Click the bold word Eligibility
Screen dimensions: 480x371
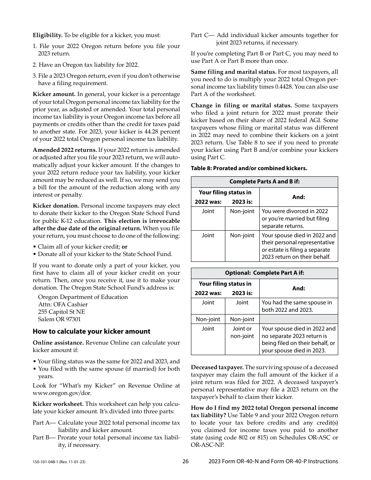pos(47,35)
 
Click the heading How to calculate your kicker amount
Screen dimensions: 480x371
pos(91,331)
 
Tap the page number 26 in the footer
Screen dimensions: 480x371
pos(185,461)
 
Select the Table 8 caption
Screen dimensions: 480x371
pos(249,168)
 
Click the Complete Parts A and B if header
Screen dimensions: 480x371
pos(264,182)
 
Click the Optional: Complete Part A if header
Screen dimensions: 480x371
pos(264,273)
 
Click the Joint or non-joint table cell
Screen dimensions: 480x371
pos(242,332)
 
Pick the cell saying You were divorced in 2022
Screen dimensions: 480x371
pos(298,219)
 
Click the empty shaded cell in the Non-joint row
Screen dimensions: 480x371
pos(298,319)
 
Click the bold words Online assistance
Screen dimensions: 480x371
pos(58,343)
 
